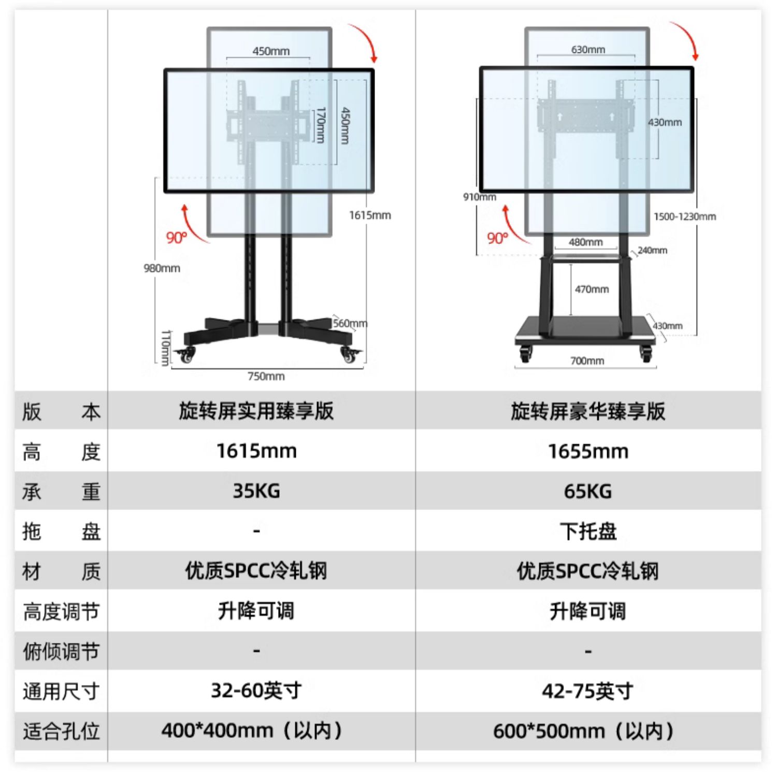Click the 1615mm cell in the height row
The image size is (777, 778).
[256, 451]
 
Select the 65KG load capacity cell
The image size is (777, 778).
[588, 491]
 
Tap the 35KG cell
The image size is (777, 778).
[256, 491]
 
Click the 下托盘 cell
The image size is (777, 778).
[588, 531]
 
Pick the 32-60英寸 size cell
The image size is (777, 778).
[256, 690]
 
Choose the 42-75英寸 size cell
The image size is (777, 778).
[588, 691]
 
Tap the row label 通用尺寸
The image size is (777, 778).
[61, 691]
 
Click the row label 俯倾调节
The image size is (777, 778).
[61, 651]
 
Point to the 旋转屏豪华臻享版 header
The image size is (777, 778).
[588, 411]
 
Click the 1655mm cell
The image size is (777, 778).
[588, 451]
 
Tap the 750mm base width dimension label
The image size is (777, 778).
[266, 377]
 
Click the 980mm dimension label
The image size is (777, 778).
[162, 268]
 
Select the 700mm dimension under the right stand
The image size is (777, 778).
[587, 361]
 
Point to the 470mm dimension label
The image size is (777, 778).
[592, 289]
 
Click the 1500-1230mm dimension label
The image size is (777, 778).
[684, 217]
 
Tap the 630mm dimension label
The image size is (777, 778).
[588, 50]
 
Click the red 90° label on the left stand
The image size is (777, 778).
[177, 238]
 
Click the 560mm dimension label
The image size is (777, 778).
[350, 324]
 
